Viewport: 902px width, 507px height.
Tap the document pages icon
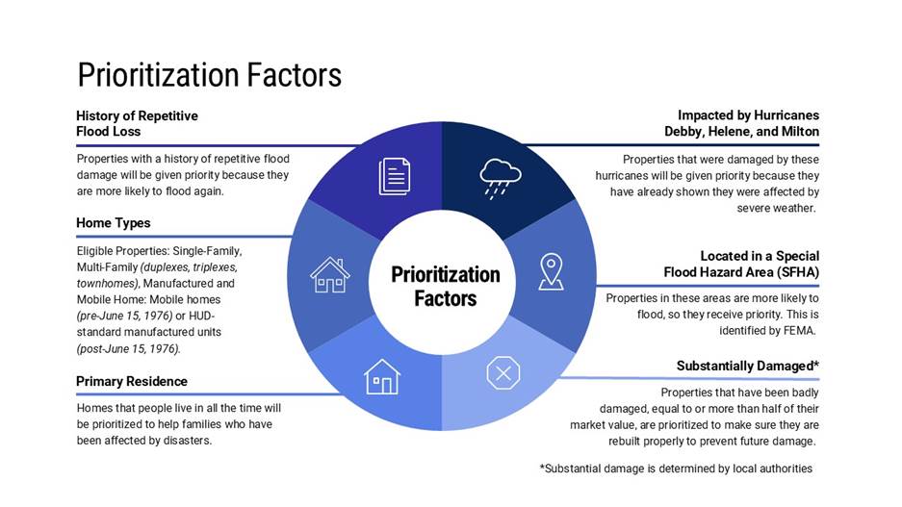click(x=395, y=176)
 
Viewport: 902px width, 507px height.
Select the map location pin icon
click(x=551, y=271)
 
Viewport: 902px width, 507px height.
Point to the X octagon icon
click(x=503, y=373)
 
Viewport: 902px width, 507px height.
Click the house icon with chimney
click(x=330, y=275)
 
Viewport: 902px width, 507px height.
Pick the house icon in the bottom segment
click(x=382, y=377)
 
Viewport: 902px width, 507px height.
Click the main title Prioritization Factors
click(x=210, y=75)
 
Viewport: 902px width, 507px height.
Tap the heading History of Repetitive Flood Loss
click(x=137, y=123)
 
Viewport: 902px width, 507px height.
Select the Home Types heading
click(x=114, y=223)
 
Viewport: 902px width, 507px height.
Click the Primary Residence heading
click(x=132, y=381)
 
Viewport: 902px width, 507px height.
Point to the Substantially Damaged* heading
click(x=748, y=366)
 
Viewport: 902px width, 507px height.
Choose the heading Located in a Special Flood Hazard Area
click(x=741, y=264)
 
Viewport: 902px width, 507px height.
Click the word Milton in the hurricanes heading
click(x=800, y=131)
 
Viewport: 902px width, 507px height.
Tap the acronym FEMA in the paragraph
click(x=799, y=331)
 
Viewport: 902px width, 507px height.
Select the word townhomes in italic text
click(x=107, y=284)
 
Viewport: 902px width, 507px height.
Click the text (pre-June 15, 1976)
click(x=125, y=316)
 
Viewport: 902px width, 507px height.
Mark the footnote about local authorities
click(x=676, y=469)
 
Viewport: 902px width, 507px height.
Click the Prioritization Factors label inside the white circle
click(x=446, y=287)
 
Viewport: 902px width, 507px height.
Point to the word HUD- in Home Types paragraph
click(x=202, y=316)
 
